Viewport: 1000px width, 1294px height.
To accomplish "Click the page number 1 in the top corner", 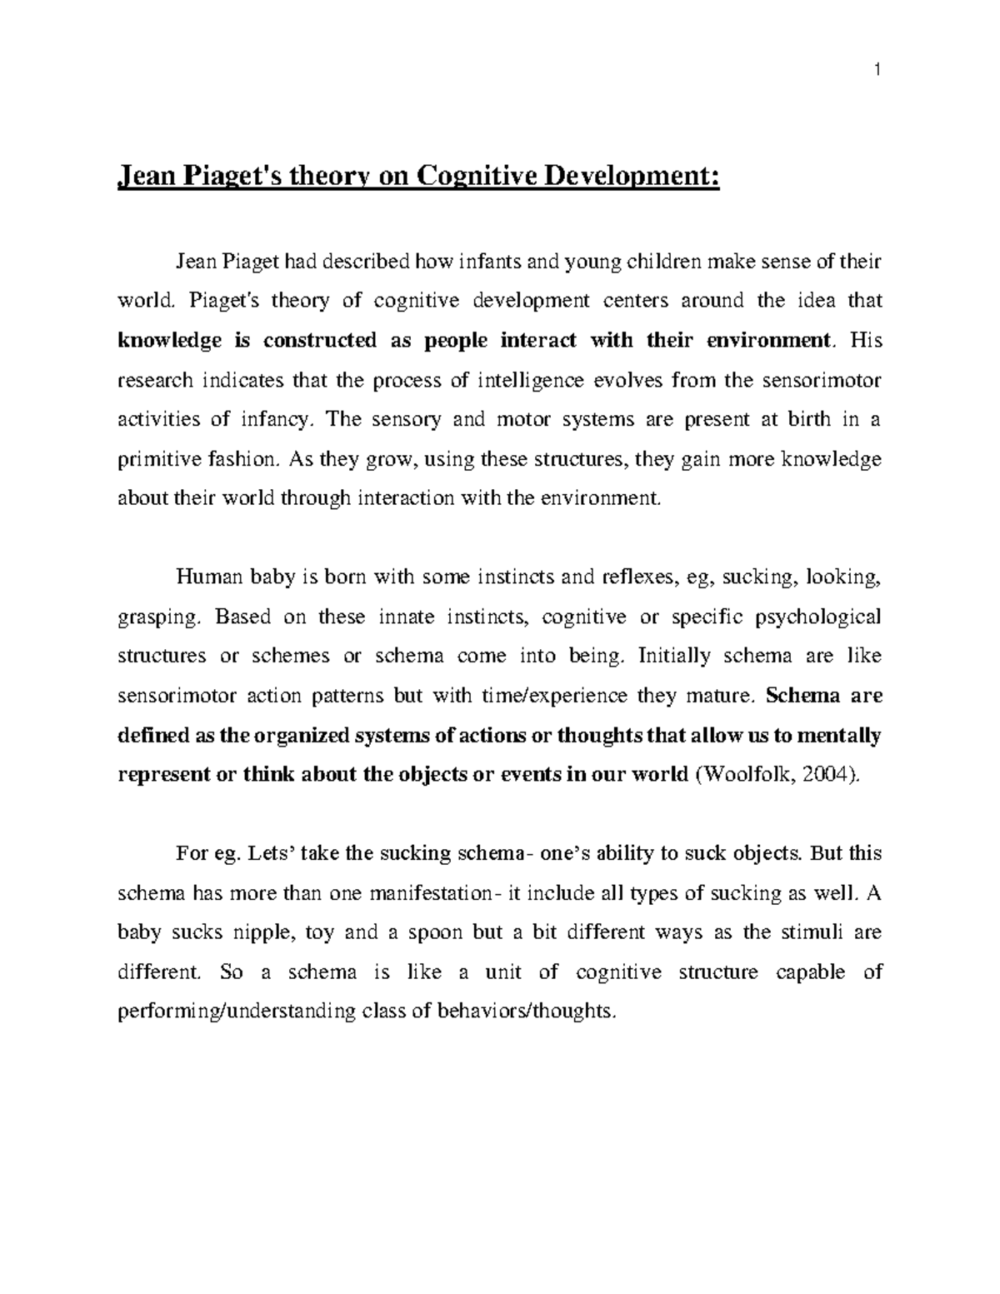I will pyautogui.click(x=877, y=71).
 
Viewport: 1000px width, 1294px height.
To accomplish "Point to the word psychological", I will pyautogui.click(x=817, y=617).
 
